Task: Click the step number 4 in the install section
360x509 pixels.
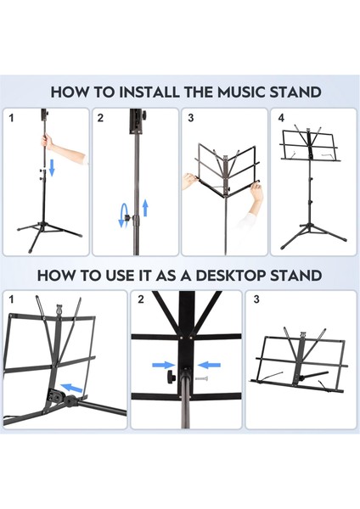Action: tap(281, 118)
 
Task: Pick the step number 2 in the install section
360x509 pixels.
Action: tap(100, 118)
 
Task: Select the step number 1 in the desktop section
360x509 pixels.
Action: tap(11, 300)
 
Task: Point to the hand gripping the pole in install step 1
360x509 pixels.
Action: tap(49, 143)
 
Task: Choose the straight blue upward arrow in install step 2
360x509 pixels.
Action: tap(144, 207)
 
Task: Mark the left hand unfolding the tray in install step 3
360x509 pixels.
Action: tap(191, 181)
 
